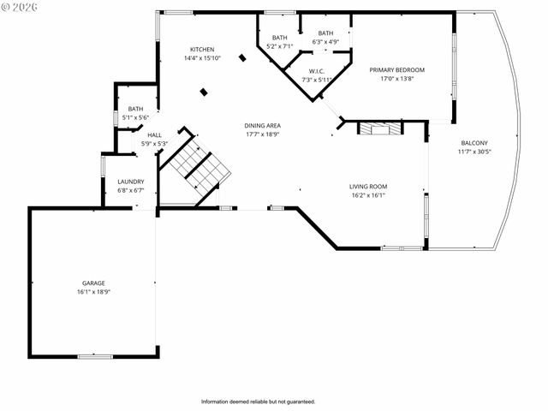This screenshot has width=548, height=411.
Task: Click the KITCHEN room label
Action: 202,50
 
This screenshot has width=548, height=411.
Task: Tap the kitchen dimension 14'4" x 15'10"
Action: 202,58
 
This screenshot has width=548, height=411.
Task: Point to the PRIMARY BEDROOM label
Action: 396,69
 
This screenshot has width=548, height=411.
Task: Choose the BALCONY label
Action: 475,143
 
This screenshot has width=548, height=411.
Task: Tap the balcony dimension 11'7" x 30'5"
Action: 475,152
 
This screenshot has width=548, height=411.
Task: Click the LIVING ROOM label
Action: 368,186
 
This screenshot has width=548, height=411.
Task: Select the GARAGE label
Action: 93,283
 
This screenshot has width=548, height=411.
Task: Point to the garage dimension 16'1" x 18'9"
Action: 93,291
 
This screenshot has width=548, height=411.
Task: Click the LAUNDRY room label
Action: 131,182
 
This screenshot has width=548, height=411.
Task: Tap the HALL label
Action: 154,134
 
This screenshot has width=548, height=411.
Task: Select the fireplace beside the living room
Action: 378,129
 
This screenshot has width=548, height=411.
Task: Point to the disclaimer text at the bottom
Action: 258,402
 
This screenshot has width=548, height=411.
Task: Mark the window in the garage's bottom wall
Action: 94,356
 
